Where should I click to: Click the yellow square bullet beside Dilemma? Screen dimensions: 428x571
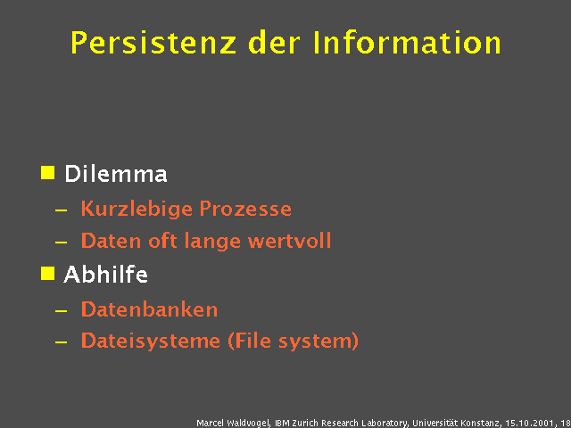click(x=48, y=172)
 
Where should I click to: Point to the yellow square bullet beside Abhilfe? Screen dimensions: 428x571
click(x=48, y=273)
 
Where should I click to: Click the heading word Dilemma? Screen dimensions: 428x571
click(x=115, y=174)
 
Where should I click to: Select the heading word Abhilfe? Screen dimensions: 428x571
click(x=105, y=275)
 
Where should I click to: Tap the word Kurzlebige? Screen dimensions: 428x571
click(x=136, y=210)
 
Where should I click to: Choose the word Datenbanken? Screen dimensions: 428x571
click(x=149, y=309)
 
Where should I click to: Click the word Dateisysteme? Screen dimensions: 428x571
click(x=150, y=341)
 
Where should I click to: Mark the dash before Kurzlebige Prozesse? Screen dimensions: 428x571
click(x=60, y=210)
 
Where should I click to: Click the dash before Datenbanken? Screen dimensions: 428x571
click(x=60, y=311)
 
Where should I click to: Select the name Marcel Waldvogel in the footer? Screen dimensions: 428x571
click(x=234, y=422)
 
